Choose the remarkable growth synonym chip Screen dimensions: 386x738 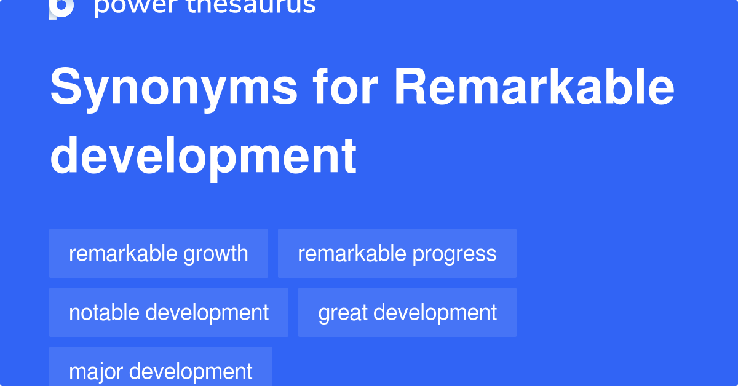(159, 253)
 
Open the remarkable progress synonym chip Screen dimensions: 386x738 (397, 253)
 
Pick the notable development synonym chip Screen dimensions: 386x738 (169, 312)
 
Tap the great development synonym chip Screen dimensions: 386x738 (407, 312)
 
